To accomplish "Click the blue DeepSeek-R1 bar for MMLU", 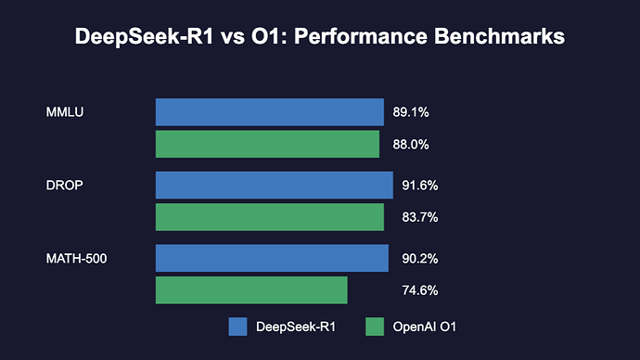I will coord(269,112).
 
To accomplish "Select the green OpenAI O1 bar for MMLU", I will coord(267,145).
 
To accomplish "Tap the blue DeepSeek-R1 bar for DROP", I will coord(274,185).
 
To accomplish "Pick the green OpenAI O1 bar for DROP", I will coord(269,217).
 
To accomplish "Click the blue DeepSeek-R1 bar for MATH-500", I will coord(272,258).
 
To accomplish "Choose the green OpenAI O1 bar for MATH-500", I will coord(251,290).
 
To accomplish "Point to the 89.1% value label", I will coord(410,112).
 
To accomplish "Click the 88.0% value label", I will coord(410,145).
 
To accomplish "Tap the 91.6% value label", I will coord(419,186).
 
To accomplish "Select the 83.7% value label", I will coord(419,217).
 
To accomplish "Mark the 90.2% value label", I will coord(419,258).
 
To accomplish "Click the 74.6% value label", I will coord(419,290).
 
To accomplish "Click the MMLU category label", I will coord(64,112).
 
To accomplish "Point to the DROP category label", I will coord(65,185).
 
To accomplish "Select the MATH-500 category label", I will coord(76,258).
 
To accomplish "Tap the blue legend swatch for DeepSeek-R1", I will coord(237,327).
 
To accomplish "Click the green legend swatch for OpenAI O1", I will coord(375,327).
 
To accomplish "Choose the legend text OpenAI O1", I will coord(426,327).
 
